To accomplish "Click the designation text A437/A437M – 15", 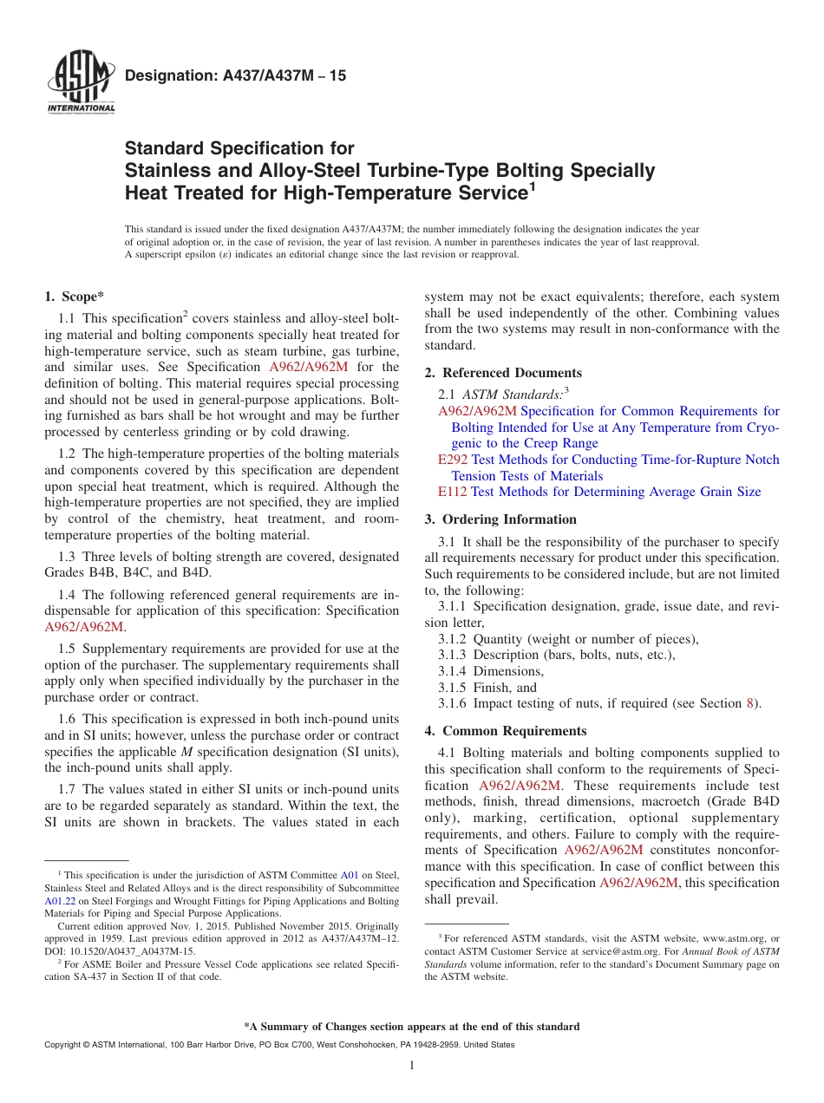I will click(x=235, y=76).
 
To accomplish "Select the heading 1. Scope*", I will click(x=75, y=297).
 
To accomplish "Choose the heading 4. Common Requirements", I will click(x=505, y=731).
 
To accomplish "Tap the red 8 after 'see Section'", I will click(x=750, y=703).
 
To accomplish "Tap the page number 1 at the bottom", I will click(x=412, y=1066).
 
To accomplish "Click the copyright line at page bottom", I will click(x=278, y=1045).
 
